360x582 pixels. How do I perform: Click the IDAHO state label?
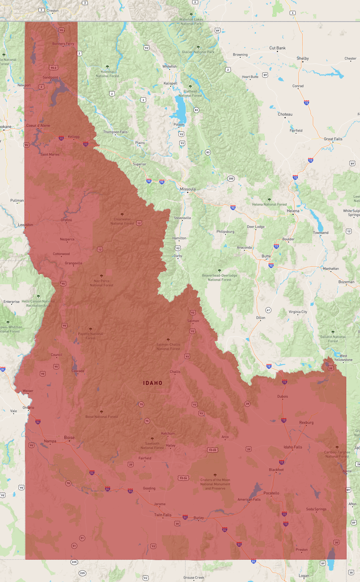coord(153,383)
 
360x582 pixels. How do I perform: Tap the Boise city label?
coord(69,437)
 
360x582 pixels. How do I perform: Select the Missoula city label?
coord(188,189)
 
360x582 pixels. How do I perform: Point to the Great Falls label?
coord(333,139)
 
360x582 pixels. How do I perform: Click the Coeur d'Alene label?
coord(38,126)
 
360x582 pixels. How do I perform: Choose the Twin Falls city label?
coord(163,515)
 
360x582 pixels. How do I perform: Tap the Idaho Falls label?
coord(293,447)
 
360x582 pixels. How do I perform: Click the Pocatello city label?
coord(271,493)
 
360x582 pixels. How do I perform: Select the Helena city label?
coord(293,211)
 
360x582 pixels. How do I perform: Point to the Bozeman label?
coord(346,282)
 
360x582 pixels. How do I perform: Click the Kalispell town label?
coord(170,83)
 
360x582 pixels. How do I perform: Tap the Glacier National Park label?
coord(198,52)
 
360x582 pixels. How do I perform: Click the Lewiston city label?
coord(25,225)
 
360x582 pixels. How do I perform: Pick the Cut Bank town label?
coord(277,48)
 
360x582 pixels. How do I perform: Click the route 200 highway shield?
coord(231,178)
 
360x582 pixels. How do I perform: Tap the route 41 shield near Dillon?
coord(268,310)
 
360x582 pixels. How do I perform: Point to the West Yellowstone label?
coord(343,358)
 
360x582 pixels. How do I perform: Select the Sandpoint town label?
coord(50,77)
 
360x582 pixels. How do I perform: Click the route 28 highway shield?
coord(247,404)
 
